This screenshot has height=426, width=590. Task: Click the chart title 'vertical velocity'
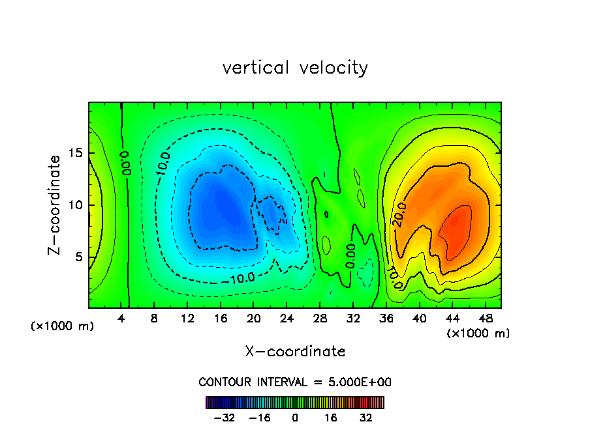tap(295, 68)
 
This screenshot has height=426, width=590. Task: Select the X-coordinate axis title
tap(295, 352)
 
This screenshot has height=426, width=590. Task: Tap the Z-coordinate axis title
tap(57, 205)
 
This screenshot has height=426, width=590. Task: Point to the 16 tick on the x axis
tap(221, 319)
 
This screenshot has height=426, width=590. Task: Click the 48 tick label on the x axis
tap(485, 319)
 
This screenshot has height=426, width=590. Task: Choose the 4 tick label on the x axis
tap(121, 319)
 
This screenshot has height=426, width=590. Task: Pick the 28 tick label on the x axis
tap(320, 319)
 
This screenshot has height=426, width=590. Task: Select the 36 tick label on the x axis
tap(386, 319)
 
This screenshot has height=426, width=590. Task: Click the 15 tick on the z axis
tap(76, 153)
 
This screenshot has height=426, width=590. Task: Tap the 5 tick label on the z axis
tap(79, 257)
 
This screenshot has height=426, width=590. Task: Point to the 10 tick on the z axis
tap(76, 205)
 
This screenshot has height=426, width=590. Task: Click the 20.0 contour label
tap(399, 215)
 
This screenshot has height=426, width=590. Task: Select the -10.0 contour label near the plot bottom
tap(241, 279)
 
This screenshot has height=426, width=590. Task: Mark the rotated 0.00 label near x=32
tap(350, 257)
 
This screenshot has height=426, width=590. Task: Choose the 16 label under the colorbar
tap(331, 418)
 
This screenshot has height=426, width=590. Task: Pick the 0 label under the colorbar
tap(295, 418)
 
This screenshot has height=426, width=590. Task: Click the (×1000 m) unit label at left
tap(63, 326)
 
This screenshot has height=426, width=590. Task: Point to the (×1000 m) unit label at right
tap(478, 334)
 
